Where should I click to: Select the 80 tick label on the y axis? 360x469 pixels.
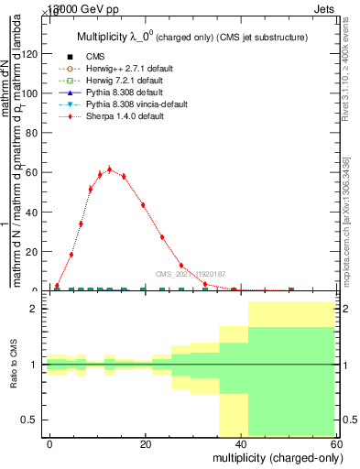click(x=34, y=133)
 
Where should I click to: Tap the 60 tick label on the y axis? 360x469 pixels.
click(x=34, y=172)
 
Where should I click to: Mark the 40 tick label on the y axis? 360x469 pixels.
click(x=34, y=212)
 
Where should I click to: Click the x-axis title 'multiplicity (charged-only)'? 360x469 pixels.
click(x=273, y=456)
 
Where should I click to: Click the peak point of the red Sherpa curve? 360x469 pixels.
click(x=109, y=169)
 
